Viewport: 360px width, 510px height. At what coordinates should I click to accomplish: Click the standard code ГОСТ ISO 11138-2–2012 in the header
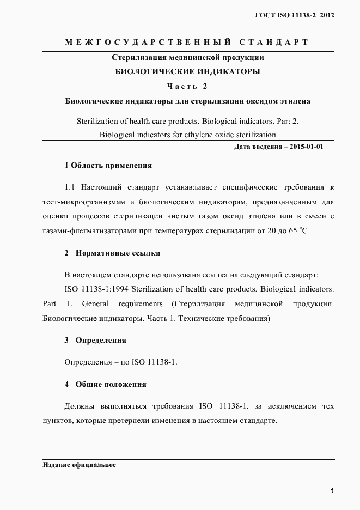294,15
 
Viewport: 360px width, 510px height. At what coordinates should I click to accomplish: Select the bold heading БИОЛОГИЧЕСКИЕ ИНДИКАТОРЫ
188,71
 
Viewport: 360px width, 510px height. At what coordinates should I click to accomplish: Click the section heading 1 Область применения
108,165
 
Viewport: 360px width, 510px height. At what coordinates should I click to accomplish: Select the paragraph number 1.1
70,187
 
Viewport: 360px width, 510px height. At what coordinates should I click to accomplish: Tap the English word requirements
141,303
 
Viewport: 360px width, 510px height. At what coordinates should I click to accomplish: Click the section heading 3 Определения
95,340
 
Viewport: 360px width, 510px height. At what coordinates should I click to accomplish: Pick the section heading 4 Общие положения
106,384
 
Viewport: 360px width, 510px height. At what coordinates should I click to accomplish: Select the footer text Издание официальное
78,466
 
